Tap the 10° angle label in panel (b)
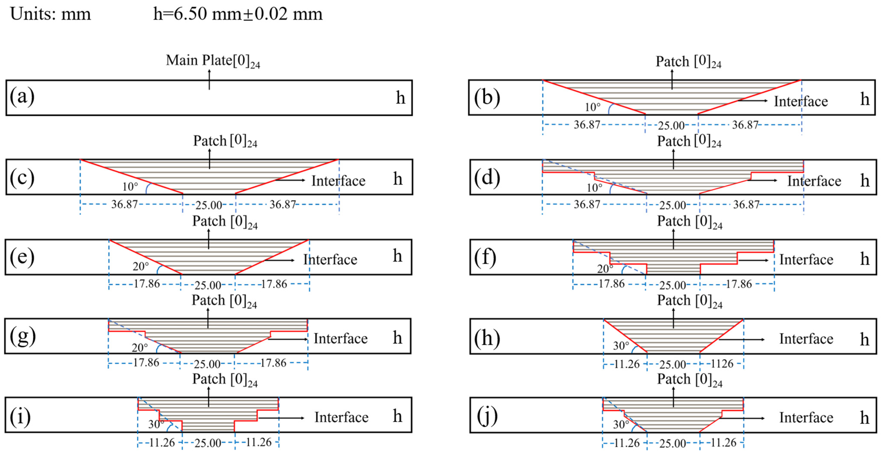tap(592, 107)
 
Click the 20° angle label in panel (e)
tap(141, 266)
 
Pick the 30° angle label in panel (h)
tap(621, 346)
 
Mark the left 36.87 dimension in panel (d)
tap(587, 205)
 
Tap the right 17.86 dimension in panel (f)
tap(739, 284)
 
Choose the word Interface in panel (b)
tap(801, 102)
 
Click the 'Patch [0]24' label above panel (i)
tap(225, 379)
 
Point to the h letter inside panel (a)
tap(400, 98)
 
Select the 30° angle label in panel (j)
tap(621, 425)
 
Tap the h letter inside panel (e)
tap(397, 256)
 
